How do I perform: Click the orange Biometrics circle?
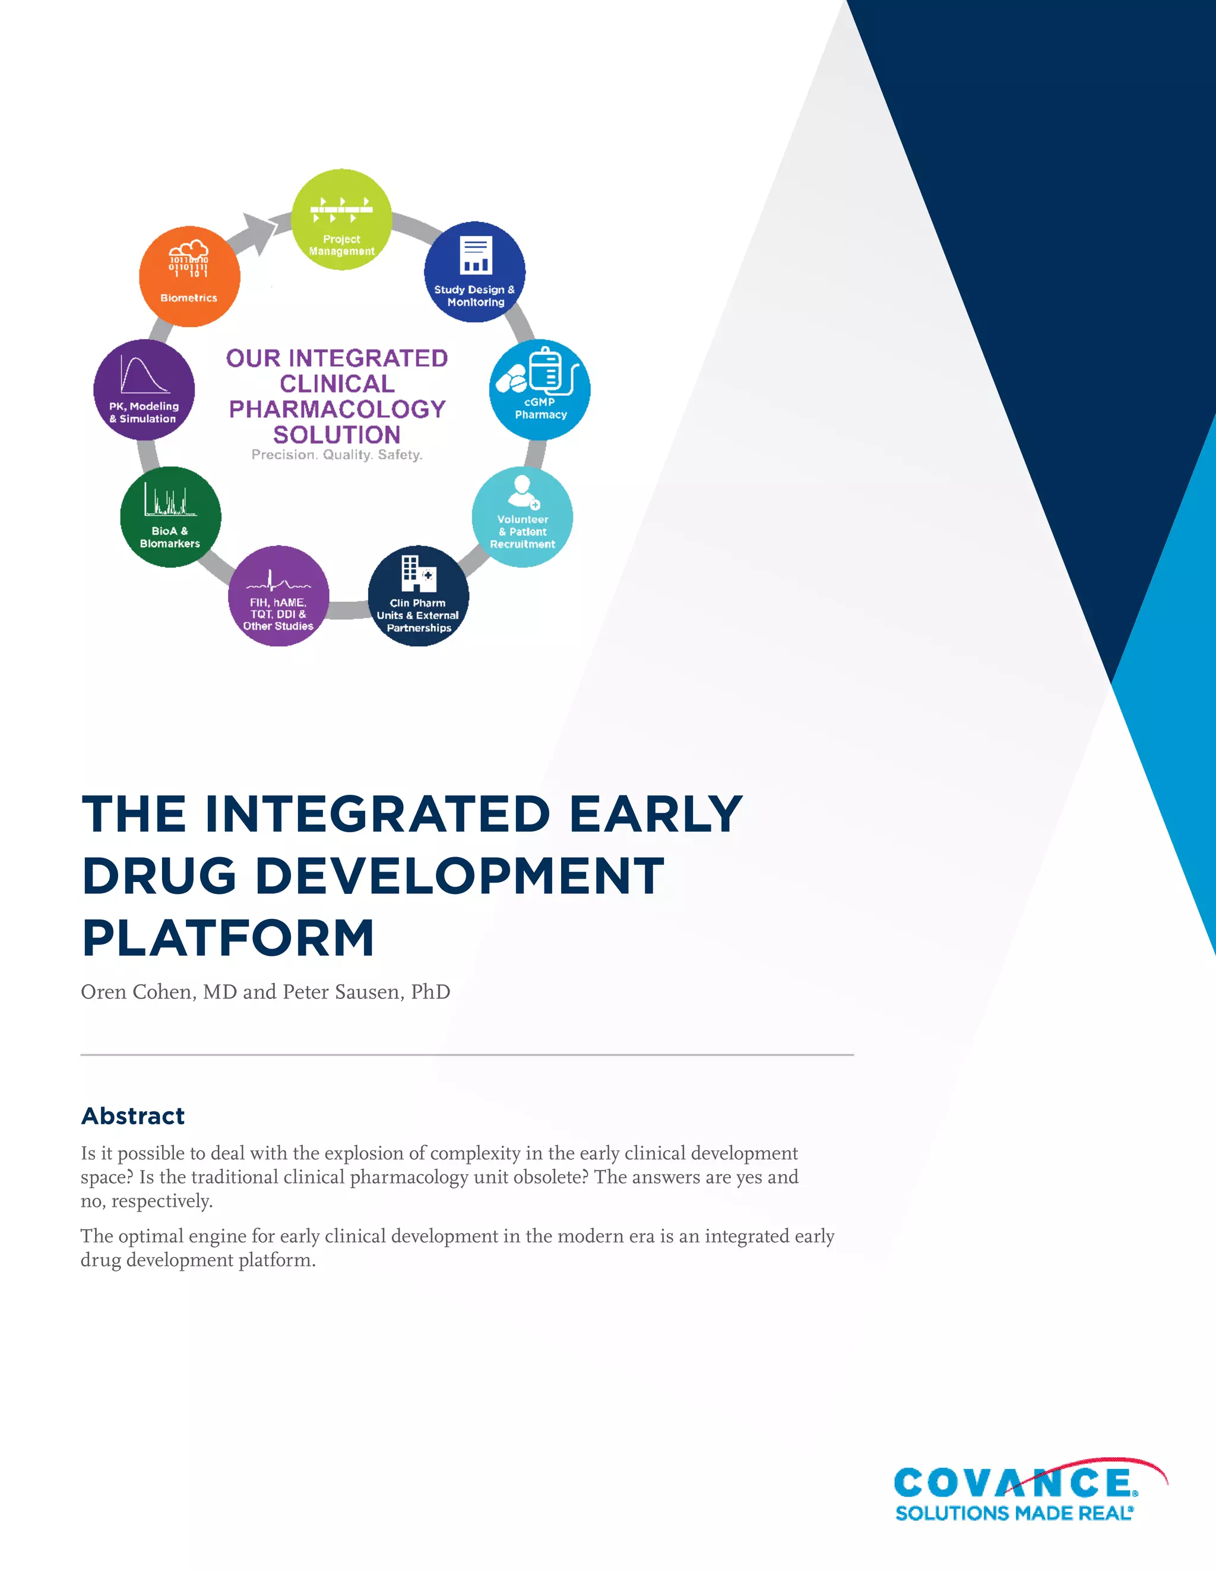(189, 277)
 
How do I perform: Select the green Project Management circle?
(341, 220)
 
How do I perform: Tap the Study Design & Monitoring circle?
(475, 271)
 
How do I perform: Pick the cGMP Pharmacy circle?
(540, 389)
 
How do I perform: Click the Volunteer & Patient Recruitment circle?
(522, 517)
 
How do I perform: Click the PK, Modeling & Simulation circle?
(144, 389)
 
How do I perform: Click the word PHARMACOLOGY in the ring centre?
(337, 409)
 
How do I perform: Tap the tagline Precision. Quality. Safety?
(337, 455)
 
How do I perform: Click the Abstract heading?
(133, 1116)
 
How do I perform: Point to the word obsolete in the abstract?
(546, 1177)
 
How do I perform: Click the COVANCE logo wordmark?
(1014, 1484)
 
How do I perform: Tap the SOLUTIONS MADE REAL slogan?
(1014, 1512)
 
